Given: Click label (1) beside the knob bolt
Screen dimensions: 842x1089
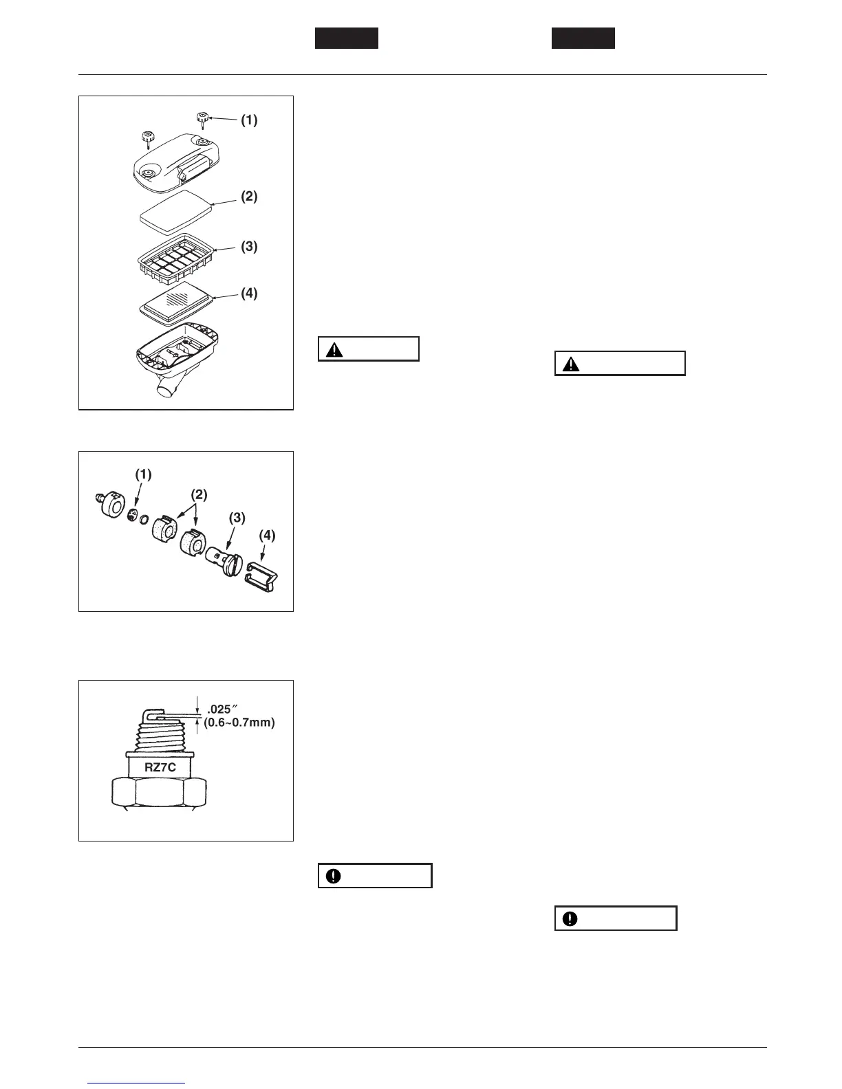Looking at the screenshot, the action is [x=248, y=120].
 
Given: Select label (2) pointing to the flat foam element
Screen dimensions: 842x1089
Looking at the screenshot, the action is [x=248, y=196].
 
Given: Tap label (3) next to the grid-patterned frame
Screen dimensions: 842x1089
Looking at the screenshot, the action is [x=248, y=246].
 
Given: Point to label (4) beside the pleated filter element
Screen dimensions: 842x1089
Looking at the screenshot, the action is [x=248, y=294].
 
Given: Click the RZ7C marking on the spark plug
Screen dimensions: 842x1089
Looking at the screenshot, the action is [x=160, y=767].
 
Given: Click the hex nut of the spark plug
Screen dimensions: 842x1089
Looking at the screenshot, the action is [x=165, y=792].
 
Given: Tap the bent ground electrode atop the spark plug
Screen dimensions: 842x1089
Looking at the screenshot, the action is [x=153, y=712].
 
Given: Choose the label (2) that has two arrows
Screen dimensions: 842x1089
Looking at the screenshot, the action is [x=198, y=494].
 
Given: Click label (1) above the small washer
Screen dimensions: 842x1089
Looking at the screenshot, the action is [x=143, y=474].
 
